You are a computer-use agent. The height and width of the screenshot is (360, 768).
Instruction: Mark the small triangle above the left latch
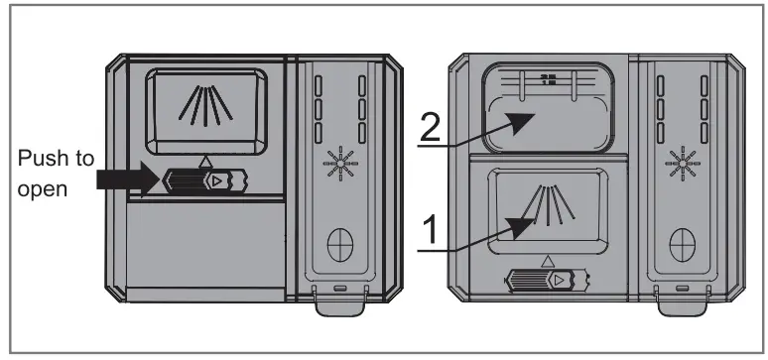(204, 159)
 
